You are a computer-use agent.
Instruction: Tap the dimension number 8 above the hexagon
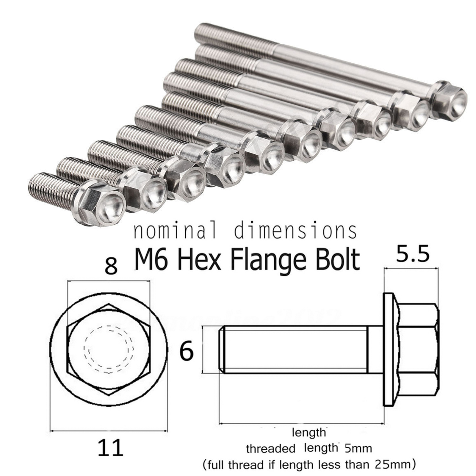point(111,266)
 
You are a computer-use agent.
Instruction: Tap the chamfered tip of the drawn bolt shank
point(221,350)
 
